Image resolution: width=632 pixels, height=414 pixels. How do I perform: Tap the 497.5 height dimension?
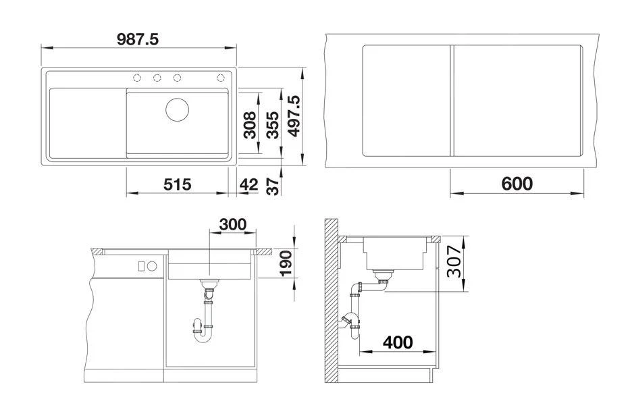(x=294, y=116)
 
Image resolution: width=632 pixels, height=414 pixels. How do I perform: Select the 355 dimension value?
(x=272, y=124)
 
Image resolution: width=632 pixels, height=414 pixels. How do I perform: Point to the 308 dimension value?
(x=249, y=125)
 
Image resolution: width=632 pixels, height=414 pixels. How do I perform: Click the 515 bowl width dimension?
(x=178, y=184)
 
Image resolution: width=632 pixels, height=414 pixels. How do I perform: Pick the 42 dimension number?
(x=249, y=184)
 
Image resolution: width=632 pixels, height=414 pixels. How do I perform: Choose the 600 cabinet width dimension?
(x=517, y=184)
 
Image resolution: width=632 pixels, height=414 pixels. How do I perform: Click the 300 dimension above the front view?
(x=232, y=224)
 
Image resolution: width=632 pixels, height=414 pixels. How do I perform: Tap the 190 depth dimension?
(x=286, y=263)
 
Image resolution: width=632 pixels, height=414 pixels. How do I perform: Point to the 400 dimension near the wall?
(x=397, y=342)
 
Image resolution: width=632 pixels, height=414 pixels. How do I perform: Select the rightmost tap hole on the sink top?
(x=221, y=77)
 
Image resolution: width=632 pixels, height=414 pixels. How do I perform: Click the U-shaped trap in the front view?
(x=205, y=330)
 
